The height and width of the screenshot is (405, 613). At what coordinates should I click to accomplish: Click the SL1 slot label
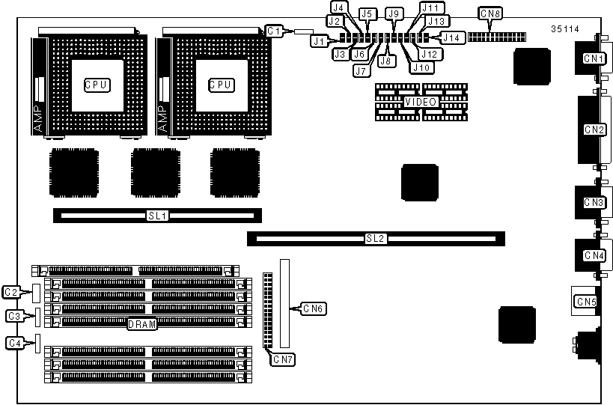pyautogui.click(x=156, y=216)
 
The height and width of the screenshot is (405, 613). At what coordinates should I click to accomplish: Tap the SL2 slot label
pyautogui.click(x=375, y=239)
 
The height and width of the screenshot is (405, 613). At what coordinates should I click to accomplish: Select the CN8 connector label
pyautogui.click(x=491, y=13)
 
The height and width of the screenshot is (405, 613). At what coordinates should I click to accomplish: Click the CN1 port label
pyautogui.click(x=594, y=58)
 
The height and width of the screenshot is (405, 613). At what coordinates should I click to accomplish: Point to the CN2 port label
pyautogui.click(x=594, y=129)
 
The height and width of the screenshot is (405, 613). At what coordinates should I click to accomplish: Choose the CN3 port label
pyautogui.click(x=594, y=202)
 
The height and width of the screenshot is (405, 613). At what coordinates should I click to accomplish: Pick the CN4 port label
pyautogui.click(x=594, y=255)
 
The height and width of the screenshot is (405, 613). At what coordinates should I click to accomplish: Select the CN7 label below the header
pyautogui.click(x=283, y=359)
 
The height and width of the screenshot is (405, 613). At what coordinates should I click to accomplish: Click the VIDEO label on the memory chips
pyautogui.click(x=421, y=101)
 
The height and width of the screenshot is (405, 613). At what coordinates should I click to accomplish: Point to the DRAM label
pyautogui.click(x=141, y=324)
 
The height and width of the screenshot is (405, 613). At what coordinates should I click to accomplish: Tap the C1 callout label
pyautogui.click(x=274, y=31)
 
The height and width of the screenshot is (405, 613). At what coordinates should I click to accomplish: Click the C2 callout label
pyautogui.click(x=11, y=291)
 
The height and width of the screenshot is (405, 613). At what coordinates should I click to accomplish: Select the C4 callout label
pyautogui.click(x=14, y=343)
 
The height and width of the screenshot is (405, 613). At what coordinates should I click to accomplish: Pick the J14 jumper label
pyautogui.click(x=451, y=36)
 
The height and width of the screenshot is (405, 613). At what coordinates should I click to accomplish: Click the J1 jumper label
pyautogui.click(x=320, y=42)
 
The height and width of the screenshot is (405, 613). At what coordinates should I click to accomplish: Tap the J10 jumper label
pyautogui.click(x=421, y=67)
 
